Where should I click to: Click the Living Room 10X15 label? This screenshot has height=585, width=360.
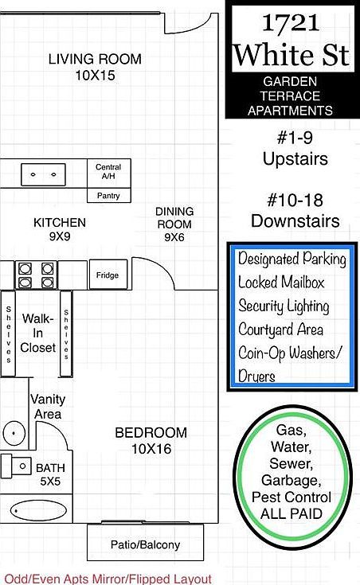(x=95, y=66)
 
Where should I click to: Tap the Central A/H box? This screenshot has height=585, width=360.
(x=108, y=172)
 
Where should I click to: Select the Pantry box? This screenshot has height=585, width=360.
(x=108, y=195)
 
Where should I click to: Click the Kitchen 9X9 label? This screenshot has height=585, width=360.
(x=60, y=230)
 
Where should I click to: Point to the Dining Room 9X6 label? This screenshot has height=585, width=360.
(x=174, y=224)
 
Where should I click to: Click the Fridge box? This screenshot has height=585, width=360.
(x=108, y=275)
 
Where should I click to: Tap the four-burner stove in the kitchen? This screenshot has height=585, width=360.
(x=36, y=275)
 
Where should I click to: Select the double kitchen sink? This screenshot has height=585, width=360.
(x=43, y=173)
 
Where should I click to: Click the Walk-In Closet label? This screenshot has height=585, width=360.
(x=38, y=333)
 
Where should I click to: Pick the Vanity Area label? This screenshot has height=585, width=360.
(x=48, y=407)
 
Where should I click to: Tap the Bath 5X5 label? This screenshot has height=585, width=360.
(x=49, y=474)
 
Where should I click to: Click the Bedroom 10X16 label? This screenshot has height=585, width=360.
(x=151, y=440)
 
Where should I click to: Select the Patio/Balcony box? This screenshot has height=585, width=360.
(x=145, y=545)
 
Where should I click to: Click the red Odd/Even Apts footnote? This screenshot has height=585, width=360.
(x=108, y=579)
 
